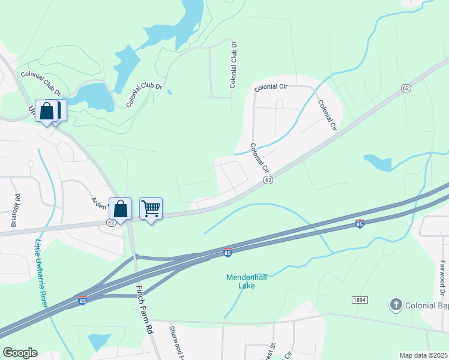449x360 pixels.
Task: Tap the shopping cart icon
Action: (x=151, y=208)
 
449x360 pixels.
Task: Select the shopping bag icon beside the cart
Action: (x=120, y=208)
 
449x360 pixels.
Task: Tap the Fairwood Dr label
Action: (x=443, y=277)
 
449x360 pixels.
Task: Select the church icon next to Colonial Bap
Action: (x=395, y=305)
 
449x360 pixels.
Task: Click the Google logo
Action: (x=19, y=353)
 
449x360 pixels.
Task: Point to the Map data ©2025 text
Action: (x=423, y=355)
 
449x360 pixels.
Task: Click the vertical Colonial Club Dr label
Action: (x=234, y=65)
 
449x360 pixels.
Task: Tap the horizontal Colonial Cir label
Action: (x=271, y=88)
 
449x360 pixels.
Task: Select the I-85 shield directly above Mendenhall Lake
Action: (x=228, y=253)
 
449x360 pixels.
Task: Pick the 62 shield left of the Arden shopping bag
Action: (x=111, y=222)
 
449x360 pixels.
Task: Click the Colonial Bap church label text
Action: (x=427, y=305)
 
